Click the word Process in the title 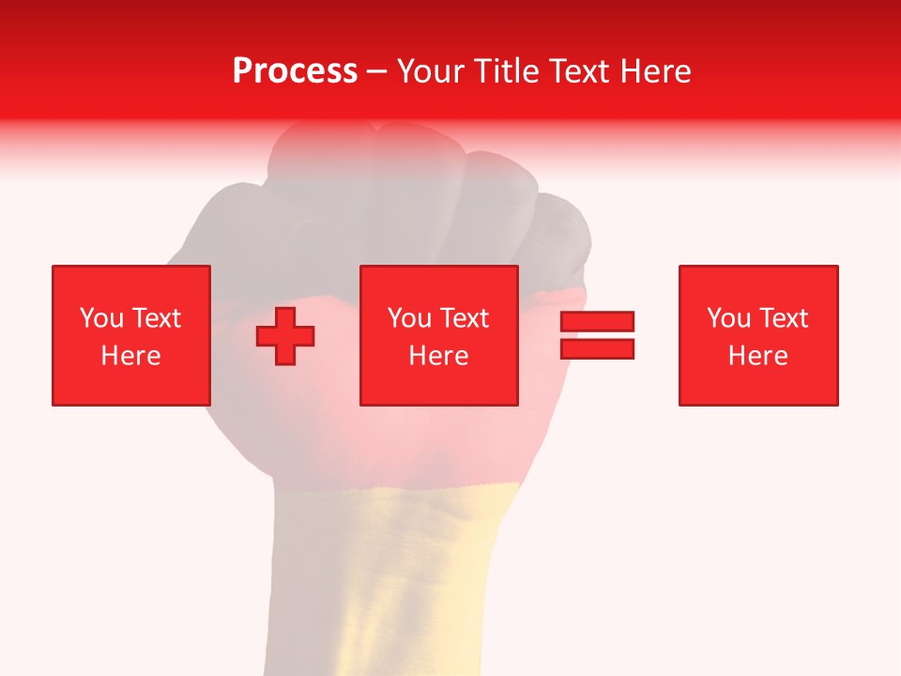(295, 71)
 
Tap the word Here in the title (652, 71)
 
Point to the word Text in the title (577, 71)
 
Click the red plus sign (285, 335)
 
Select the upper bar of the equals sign (598, 321)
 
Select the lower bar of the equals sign (598, 348)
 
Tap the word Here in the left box (130, 356)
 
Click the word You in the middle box (409, 318)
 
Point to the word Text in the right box (782, 318)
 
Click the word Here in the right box (758, 356)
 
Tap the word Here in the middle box (439, 356)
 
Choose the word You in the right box (728, 318)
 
